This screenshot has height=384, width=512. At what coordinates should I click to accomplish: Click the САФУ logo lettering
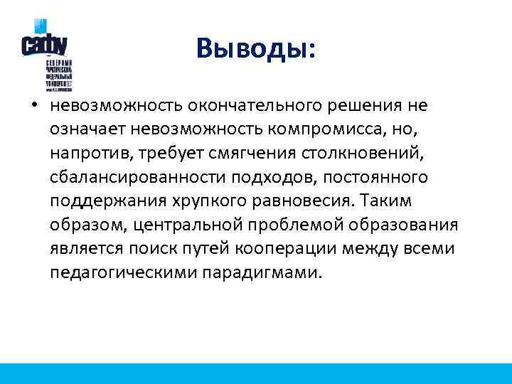tap(44, 44)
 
